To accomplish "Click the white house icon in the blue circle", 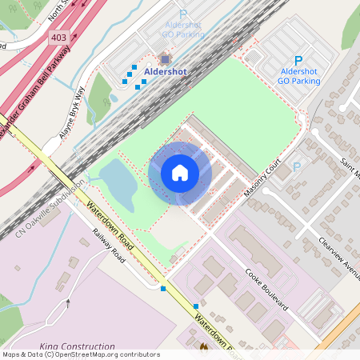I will tap(180, 173).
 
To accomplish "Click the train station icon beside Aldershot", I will tap(165, 58).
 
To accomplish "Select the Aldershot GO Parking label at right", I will tap(298, 76).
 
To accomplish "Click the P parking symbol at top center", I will tap(182, 14).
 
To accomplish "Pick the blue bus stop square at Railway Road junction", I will tap(163, 288).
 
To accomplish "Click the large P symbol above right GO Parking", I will tap(298, 60).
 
